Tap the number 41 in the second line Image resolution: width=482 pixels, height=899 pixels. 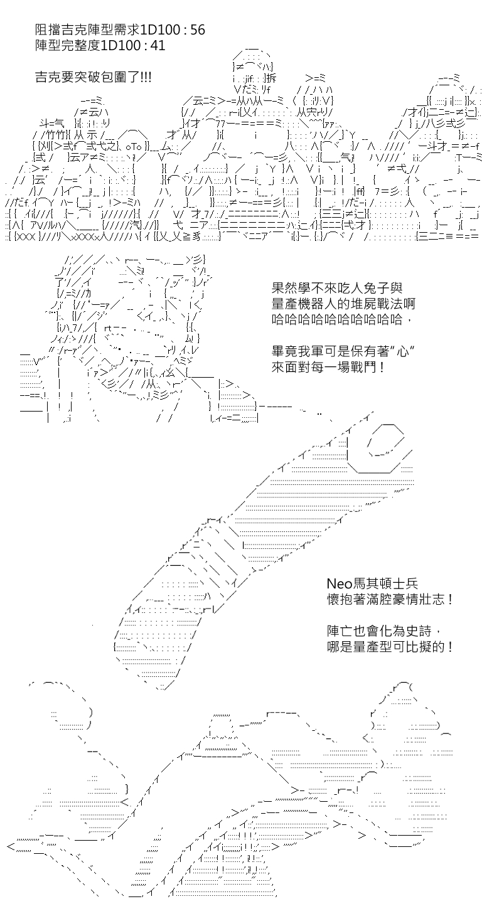pos(157,45)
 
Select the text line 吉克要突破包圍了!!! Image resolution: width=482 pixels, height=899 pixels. pos(94,77)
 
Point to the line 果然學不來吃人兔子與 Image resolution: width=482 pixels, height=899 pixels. pos(336,288)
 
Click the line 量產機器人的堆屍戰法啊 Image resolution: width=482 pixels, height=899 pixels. pos(343,304)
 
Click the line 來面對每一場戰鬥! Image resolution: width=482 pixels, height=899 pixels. pos(328,367)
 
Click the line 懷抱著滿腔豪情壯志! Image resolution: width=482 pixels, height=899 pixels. pos(390,599)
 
